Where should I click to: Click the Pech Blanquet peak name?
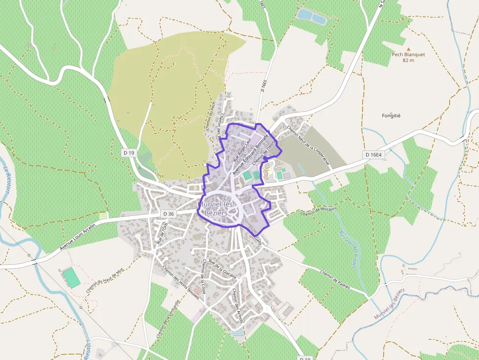408,55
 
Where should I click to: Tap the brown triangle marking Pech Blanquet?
409,48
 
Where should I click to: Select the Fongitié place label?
391,116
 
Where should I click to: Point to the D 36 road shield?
168,214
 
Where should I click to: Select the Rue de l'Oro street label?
162,234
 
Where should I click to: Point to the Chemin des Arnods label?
238,305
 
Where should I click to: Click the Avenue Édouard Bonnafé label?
250,154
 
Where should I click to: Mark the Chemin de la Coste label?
203,276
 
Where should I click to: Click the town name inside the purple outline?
217,209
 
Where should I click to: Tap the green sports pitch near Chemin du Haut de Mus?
71,277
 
